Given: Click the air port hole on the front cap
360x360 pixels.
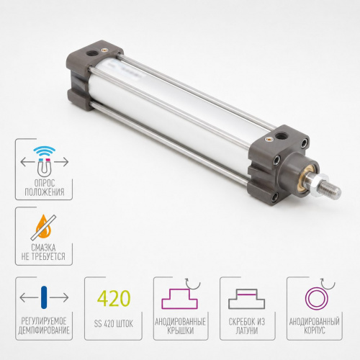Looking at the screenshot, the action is pos(279,136).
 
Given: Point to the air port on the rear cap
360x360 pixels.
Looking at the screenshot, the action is pos(92,51).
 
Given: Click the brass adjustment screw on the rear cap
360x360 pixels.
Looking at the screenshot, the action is pos(104,50).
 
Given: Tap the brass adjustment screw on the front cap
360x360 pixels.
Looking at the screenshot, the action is pos(268,139).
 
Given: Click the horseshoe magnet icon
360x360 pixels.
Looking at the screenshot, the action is pos(44,166).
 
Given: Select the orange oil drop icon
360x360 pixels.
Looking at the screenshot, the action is pos(44,227).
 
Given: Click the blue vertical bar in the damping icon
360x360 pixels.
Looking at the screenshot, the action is pos(44,297).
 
